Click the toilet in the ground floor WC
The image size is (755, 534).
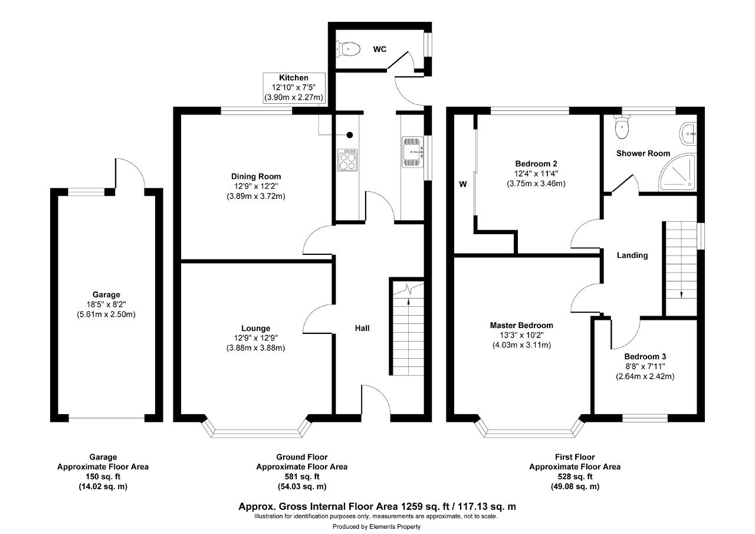pyautogui.click(x=348, y=49)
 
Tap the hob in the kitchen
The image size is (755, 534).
pyautogui.click(x=347, y=160)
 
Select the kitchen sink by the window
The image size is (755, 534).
pyautogui.click(x=412, y=152)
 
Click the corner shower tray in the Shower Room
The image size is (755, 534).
pyautogui.click(x=677, y=172)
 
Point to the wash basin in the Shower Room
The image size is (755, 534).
pyautogui.click(x=688, y=134)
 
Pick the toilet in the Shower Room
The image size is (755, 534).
pyautogui.click(x=622, y=126)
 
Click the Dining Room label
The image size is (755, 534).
pyautogui.click(x=256, y=176)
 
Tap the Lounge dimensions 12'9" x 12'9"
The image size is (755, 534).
pyautogui.click(x=256, y=338)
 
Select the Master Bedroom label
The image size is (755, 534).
pyautogui.click(x=521, y=325)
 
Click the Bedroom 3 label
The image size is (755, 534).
pyautogui.click(x=645, y=356)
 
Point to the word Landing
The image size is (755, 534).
pyautogui.click(x=632, y=255)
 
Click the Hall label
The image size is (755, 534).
pyautogui.click(x=362, y=328)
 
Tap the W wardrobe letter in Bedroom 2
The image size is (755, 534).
pyautogui.click(x=463, y=184)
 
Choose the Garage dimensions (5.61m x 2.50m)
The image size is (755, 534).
pyautogui.click(x=106, y=314)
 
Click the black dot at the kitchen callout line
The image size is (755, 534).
pyautogui.click(x=350, y=135)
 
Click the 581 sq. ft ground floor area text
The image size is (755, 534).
pyautogui.click(x=302, y=477)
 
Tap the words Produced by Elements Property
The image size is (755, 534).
pyautogui.click(x=376, y=526)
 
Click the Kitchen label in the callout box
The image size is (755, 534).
pyautogui.click(x=294, y=77)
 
